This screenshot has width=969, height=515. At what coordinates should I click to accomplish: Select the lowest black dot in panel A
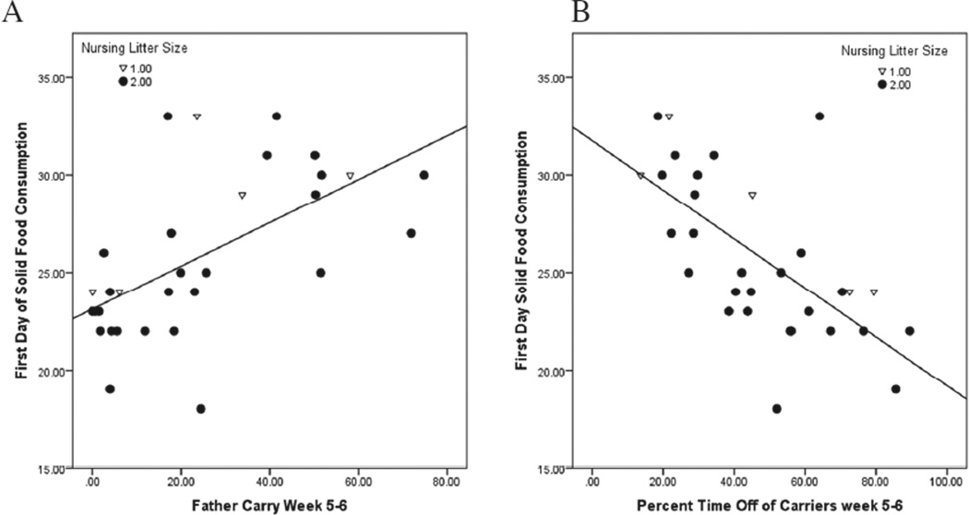(x=200, y=409)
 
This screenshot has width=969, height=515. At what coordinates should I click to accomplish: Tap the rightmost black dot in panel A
(x=424, y=175)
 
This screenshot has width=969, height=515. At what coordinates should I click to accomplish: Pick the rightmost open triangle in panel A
(x=350, y=175)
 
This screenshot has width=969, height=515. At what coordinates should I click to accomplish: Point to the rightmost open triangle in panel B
(x=873, y=293)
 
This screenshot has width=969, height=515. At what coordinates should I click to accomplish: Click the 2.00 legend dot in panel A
(x=123, y=82)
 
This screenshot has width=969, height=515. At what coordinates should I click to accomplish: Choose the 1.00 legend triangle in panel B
(x=881, y=71)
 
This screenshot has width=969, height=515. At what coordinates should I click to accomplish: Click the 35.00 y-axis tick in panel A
(x=51, y=78)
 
